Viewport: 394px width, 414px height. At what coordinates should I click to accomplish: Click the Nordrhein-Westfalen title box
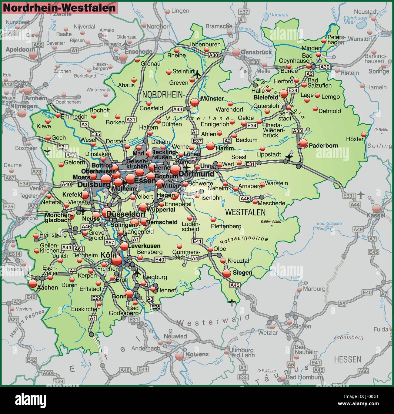[59, 8]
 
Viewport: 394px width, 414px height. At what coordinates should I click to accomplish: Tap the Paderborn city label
[323, 146]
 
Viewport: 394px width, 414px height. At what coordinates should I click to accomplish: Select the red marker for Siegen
[226, 273]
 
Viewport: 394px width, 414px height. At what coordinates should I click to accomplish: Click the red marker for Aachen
[32, 283]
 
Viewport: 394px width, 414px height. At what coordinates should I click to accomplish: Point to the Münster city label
[212, 99]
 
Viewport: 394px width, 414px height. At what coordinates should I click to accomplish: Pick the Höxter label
[354, 139]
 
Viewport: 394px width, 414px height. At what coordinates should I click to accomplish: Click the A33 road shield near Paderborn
[297, 131]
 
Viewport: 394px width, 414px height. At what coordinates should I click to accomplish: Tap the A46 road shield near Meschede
[245, 199]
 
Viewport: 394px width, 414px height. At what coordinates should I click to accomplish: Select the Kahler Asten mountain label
[271, 222]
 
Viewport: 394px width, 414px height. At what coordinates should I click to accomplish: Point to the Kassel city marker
[376, 208]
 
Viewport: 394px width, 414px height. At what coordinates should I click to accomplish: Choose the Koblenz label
[197, 354]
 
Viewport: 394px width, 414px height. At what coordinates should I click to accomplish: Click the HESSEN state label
[347, 359]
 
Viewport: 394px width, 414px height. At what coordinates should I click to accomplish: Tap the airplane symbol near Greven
[197, 74]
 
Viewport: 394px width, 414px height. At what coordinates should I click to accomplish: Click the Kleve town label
[44, 126]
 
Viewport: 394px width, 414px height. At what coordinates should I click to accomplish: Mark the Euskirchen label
[86, 309]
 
